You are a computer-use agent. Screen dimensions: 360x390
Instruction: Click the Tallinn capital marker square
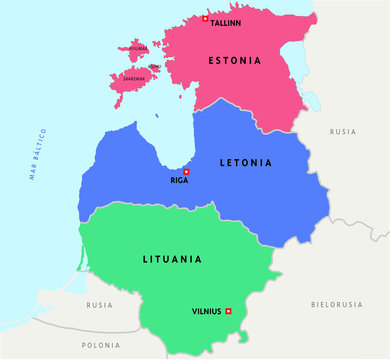click(206, 19)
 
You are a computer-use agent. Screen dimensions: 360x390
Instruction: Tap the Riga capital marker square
click(185, 171)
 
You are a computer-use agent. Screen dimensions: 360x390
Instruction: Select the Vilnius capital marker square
click(228, 311)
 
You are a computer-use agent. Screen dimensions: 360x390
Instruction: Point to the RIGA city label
click(180, 181)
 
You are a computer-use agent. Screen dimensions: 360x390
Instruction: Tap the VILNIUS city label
click(206, 312)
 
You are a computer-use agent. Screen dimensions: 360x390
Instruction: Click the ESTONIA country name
click(235, 61)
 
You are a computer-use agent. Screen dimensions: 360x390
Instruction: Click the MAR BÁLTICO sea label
click(39, 155)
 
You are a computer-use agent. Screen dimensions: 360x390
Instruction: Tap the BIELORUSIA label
click(335, 304)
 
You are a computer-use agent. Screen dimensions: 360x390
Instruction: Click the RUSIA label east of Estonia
click(343, 131)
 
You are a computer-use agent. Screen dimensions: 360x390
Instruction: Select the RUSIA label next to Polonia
click(99, 305)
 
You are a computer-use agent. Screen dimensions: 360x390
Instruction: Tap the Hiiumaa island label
click(138, 47)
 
